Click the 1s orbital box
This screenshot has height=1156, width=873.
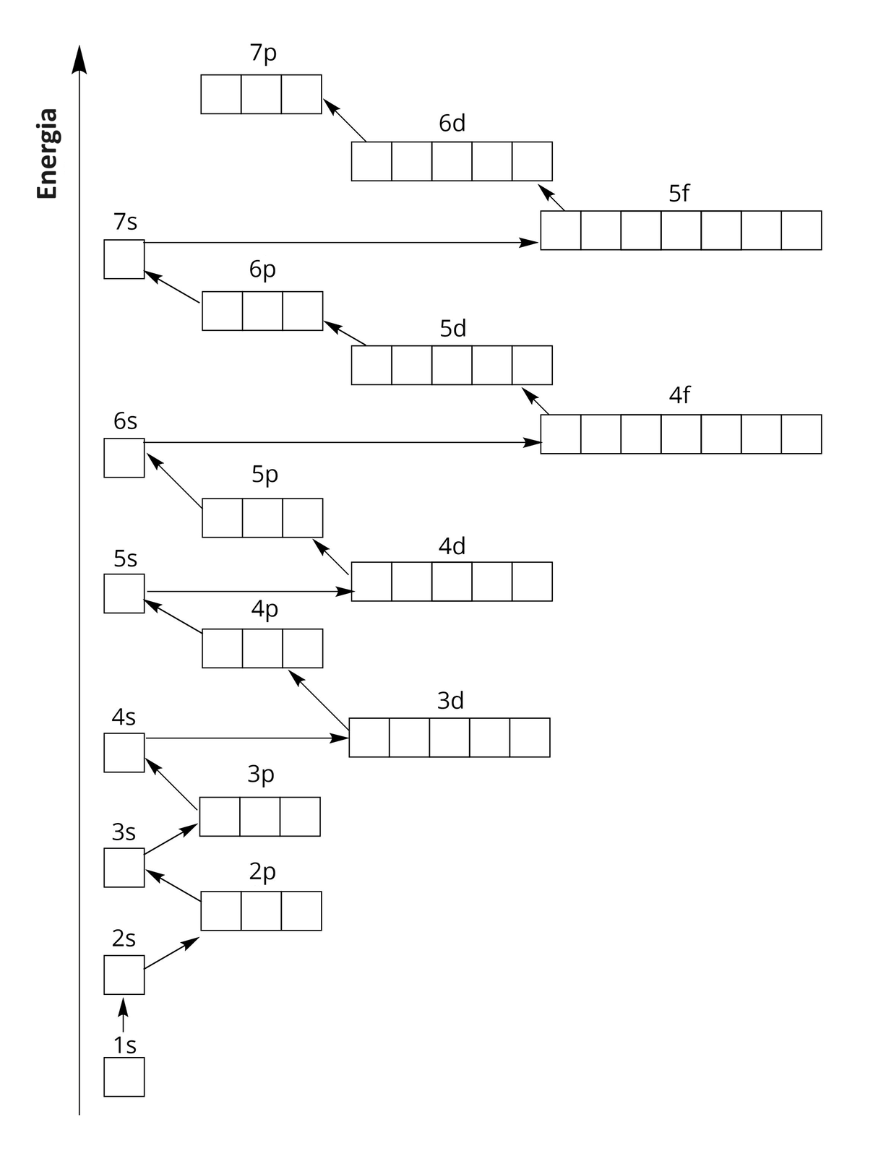[124, 1077]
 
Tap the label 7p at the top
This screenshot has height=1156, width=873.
[263, 53]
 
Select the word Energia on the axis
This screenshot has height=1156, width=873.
[48, 153]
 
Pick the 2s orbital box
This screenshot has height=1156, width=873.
[124, 975]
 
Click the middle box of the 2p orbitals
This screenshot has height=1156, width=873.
[261, 911]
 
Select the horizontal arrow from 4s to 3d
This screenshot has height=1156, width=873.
[246, 738]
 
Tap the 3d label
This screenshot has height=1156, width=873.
[450, 701]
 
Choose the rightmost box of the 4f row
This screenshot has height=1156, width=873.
[801, 434]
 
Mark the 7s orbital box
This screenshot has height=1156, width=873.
[124, 259]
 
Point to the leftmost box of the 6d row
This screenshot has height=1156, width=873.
[371, 161]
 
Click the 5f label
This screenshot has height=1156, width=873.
[679, 193]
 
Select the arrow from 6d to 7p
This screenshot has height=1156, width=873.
[345, 121]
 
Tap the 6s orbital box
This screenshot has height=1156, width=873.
[124, 458]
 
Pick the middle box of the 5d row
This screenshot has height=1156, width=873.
[452, 365]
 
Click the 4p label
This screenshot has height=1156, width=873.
[265, 609]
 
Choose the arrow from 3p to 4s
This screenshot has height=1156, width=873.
[171, 784]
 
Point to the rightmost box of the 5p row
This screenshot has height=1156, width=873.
[303, 518]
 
